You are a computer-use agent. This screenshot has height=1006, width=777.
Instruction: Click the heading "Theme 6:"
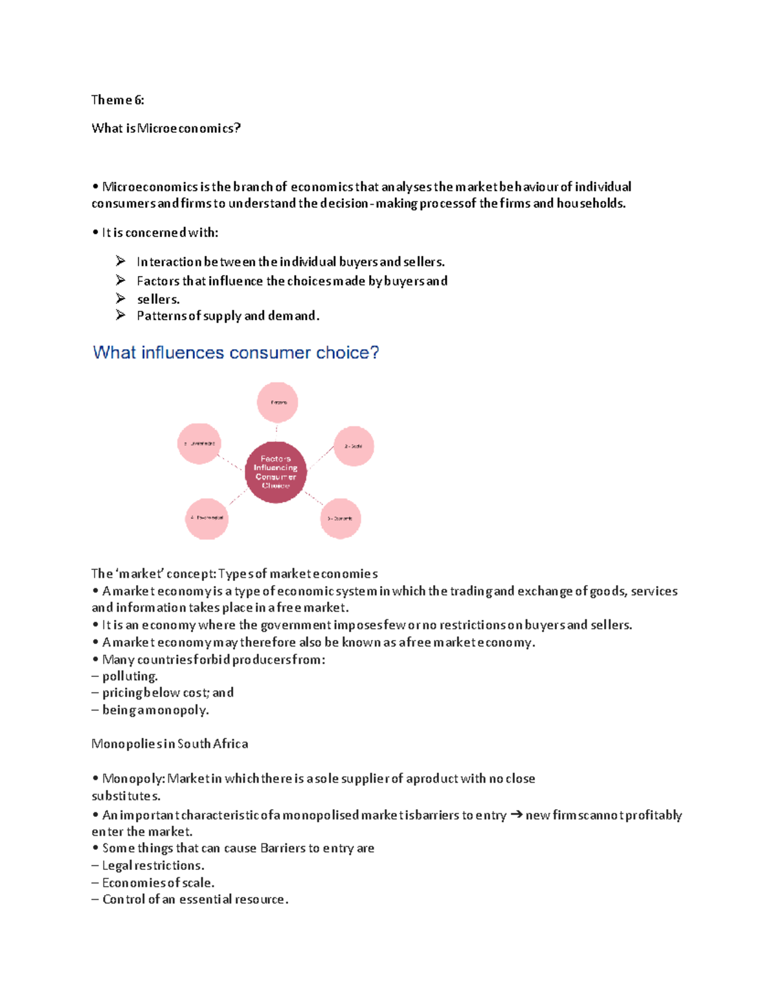tap(117, 100)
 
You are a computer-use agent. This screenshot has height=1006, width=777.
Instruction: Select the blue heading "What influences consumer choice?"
tap(236, 352)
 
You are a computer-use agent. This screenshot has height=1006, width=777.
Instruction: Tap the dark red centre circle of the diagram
tap(275, 472)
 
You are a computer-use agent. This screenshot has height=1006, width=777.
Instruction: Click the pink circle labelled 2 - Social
tap(354, 446)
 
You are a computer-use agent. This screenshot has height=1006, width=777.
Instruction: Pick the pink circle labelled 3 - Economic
tap(341, 518)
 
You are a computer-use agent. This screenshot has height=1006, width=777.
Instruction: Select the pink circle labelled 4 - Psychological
tap(207, 518)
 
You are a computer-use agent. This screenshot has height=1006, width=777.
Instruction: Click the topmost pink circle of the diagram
tap(278, 402)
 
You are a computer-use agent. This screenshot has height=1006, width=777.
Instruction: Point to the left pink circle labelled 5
tap(199, 444)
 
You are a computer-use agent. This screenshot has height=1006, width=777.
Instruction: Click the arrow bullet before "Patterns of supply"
tap(121, 315)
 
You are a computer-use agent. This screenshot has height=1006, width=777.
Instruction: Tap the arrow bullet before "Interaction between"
tap(121, 261)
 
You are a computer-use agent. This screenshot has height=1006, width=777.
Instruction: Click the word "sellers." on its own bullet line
tap(158, 299)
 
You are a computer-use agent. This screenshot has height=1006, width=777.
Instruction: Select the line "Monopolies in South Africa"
tap(170, 744)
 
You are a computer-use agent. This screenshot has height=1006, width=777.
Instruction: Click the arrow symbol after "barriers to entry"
tap(516, 815)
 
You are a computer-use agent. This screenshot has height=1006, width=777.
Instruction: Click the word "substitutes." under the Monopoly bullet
tap(126, 795)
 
